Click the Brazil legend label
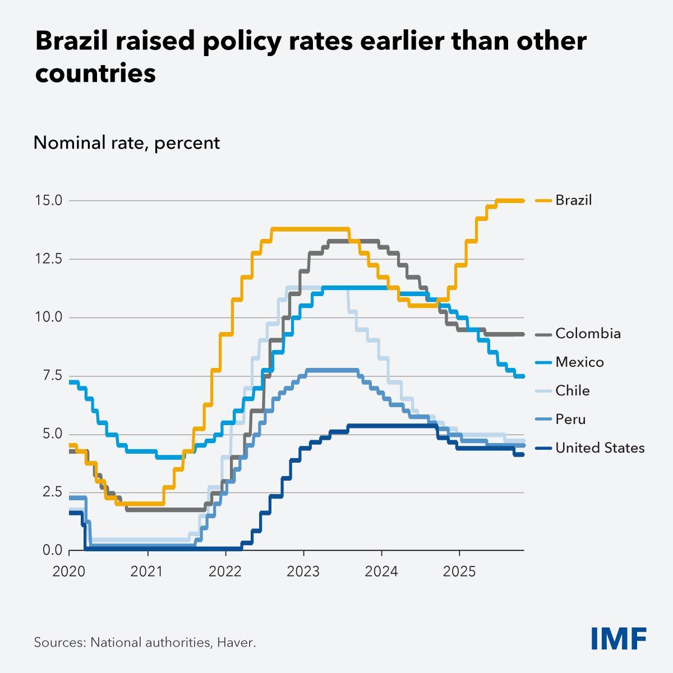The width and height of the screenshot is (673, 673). pyautogui.click(x=573, y=200)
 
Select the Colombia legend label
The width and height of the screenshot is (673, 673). pyautogui.click(x=588, y=334)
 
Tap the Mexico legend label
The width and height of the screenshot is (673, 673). pyautogui.click(x=579, y=362)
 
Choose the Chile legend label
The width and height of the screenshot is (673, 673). pyautogui.click(x=572, y=391)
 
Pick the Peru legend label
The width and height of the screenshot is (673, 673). pyautogui.click(x=570, y=420)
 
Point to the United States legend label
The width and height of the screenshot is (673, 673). pyautogui.click(x=600, y=448)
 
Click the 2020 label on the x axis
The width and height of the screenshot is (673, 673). pyautogui.click(x=69, y=571)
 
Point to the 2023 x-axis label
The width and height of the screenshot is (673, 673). pyautogui.click(x=303, y=571)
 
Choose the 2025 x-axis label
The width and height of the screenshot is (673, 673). pyautogui.click(x=459, y=571)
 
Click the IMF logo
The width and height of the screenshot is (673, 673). pyautogui.click(x=619, y=638)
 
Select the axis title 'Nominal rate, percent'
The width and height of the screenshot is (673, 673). pyautogui.click(x=127, y=143)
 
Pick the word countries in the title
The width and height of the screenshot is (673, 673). pyautogui.click(x=95, y=74)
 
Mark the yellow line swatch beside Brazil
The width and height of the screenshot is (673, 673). pyautogui.click(x=543, y=200)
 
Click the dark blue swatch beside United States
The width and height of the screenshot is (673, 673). pyautogui.click(x=543, y=448)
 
